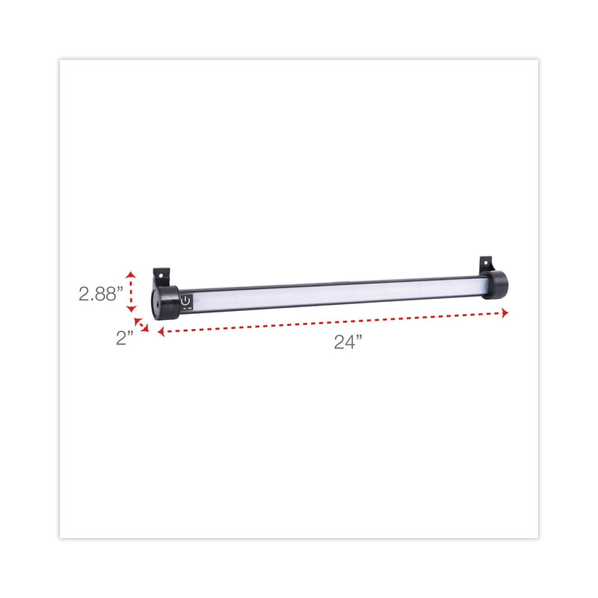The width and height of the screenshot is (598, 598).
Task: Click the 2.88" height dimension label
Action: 100,294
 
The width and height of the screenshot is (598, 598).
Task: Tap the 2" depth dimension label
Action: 124,337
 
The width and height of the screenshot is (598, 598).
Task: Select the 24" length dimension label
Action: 348,342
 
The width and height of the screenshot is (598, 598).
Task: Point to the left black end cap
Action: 164,303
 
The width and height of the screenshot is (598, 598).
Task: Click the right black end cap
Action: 495,285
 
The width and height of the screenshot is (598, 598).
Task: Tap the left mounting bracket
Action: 161,278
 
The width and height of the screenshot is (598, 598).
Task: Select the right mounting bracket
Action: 487,265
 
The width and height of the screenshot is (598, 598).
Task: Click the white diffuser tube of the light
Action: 336,293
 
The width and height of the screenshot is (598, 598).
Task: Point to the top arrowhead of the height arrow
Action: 132,274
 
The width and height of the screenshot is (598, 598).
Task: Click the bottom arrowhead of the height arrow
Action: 132,309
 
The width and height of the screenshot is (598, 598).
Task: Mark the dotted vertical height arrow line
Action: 132,292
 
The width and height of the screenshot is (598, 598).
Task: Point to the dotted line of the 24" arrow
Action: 333,323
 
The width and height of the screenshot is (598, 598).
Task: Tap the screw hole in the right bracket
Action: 487,263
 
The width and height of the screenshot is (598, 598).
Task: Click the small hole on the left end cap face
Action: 157,306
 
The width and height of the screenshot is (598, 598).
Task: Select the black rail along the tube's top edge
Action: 336,283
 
